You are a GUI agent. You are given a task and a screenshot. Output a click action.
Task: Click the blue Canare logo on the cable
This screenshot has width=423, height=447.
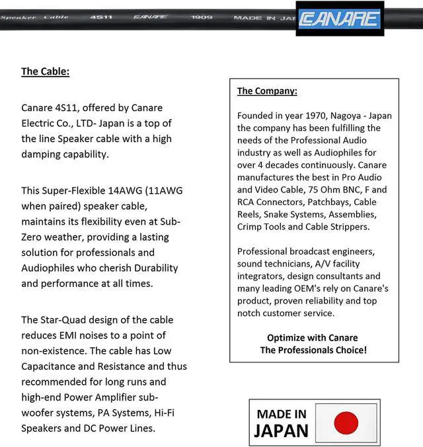(339, 19)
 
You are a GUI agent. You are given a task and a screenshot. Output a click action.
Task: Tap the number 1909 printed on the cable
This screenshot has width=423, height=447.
(202, 17)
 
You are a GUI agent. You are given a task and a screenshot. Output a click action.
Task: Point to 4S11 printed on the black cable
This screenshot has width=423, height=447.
(100, 17)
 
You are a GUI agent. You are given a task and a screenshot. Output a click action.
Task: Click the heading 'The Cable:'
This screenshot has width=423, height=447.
(45, 71)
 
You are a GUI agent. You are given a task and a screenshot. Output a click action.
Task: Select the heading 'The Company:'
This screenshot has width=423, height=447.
(267, 91)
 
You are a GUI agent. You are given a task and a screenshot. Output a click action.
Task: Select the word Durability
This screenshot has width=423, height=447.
(147, 268)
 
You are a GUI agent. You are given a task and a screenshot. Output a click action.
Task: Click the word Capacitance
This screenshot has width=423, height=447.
(51, 366)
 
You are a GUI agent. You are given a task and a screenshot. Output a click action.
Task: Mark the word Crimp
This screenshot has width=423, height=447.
(251, 227)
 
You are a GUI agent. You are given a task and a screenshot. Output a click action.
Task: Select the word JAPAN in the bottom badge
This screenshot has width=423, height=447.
(282, 431)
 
